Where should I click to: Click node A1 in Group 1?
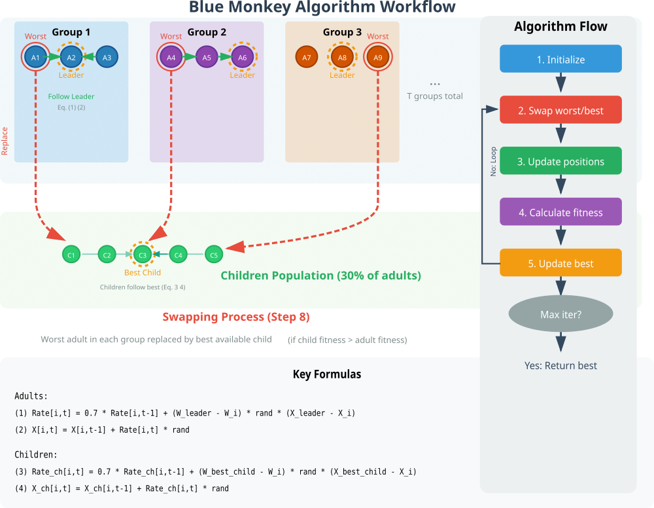pyautogui.click(x=36, y=58)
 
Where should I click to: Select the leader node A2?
pyautogui.click(x=71, y=58)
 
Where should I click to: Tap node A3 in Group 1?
pyautogui.click(x=107, y=58)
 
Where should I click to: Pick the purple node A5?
pyautogui.click(x=207, y=58)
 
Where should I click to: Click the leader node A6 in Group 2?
pyautogui.click(x=242, y=58)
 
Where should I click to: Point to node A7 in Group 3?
pyautogui.click(x=307, y=58)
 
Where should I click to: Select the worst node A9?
pyautogui.click(x=377, y=58)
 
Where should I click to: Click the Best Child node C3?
pyautogui.click(x=143, y=254)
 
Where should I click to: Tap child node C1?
pyautogui.click(x=71, y=254)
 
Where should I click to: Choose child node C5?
pyautogui.click(x=214, y=254)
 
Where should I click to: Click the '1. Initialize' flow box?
pyautogui.click(x=560, y=59)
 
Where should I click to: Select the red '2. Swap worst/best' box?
pyautogui.click(x=560, y=110)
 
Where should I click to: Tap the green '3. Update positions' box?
pyautogui.click(x=560, y=161)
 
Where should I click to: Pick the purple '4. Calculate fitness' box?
pyautogui.click(x=560, y=212)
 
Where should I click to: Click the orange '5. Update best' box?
pyautogui.click(x=560, y=263)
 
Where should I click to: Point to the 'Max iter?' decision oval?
pyautogui.click(x=560, y=314)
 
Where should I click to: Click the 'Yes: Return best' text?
pyautogui.click(x=560, y=365)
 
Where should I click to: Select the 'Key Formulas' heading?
pyautogui.click(x=327, y=374)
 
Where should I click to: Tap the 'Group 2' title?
pyautogui.click(x=207, y=32)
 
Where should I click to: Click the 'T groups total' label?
pyautogui.click(x=435, y=96)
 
